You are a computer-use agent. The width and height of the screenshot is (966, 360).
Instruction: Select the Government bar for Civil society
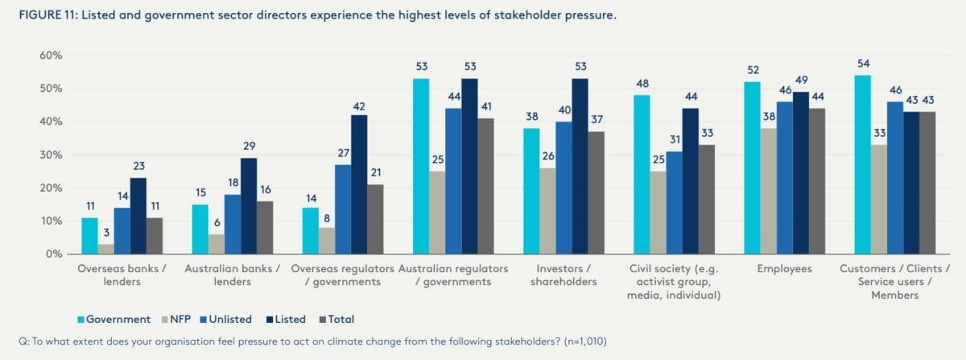(x=642, y=175)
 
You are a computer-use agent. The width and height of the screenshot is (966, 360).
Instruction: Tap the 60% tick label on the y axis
(x=51, y=56)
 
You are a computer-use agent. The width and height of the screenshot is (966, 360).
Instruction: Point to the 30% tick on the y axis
(x=51, y=155)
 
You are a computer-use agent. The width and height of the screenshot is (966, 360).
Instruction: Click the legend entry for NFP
(x=184, y=319)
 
